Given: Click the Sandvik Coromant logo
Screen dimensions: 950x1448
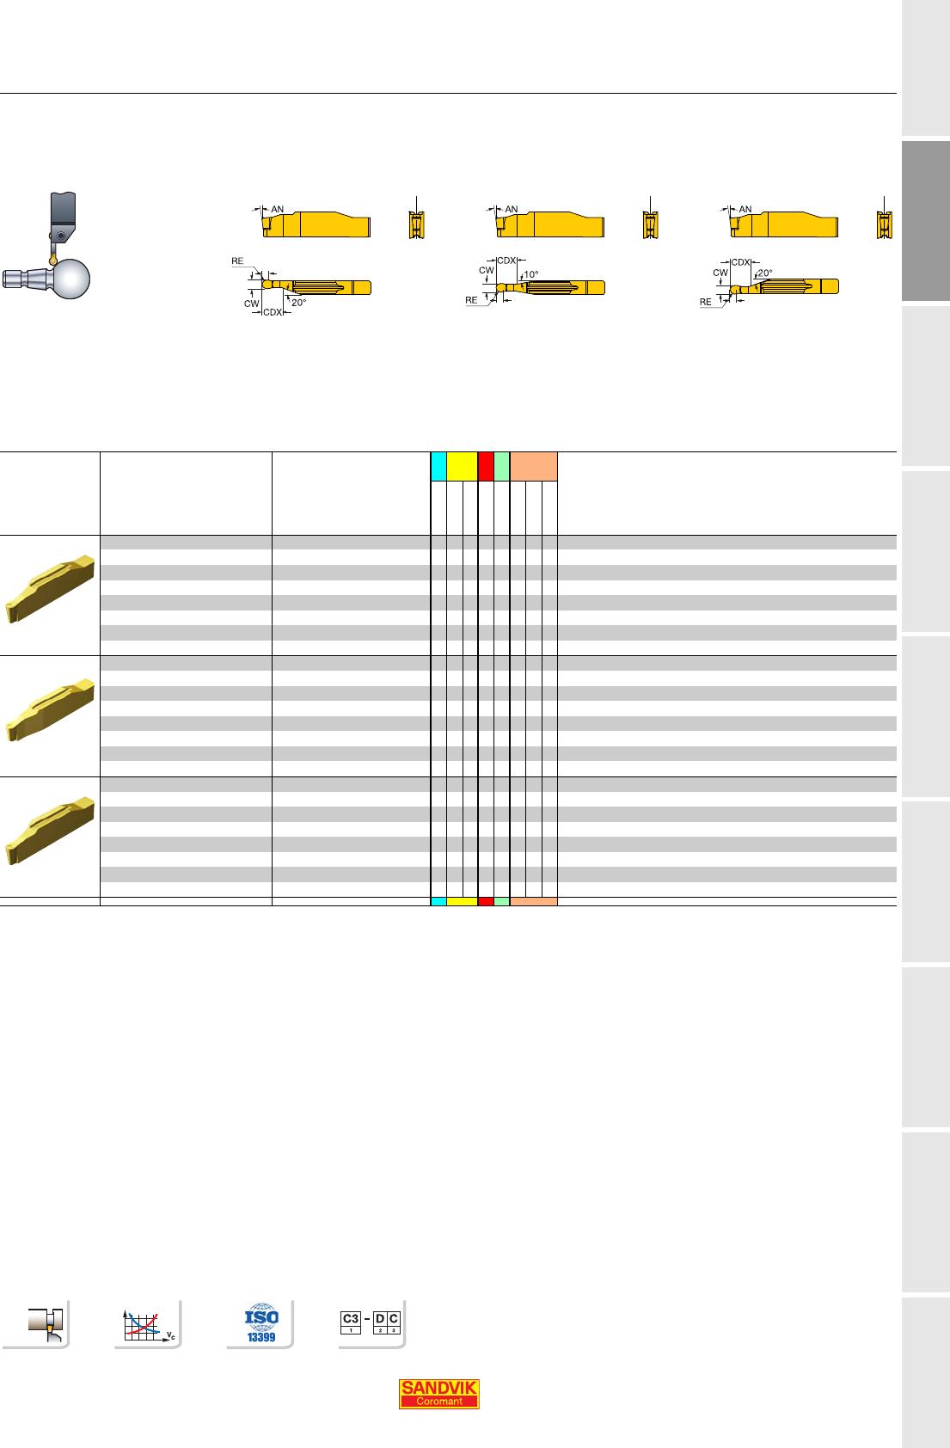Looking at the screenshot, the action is pos(439,1394).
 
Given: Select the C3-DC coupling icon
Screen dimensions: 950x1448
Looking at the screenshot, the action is pos(371,1322).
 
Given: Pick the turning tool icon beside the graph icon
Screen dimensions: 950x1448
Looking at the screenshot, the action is pos(46,1323).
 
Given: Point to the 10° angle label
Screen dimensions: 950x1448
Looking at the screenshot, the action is pos(531,274).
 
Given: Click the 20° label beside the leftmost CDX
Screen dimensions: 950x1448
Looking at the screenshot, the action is pos(298,303).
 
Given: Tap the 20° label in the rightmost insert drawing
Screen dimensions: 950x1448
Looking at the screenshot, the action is pos(765,273).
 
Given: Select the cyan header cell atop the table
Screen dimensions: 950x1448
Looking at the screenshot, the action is pos(438,466).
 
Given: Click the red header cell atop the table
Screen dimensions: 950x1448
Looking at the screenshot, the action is pos(486,466).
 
